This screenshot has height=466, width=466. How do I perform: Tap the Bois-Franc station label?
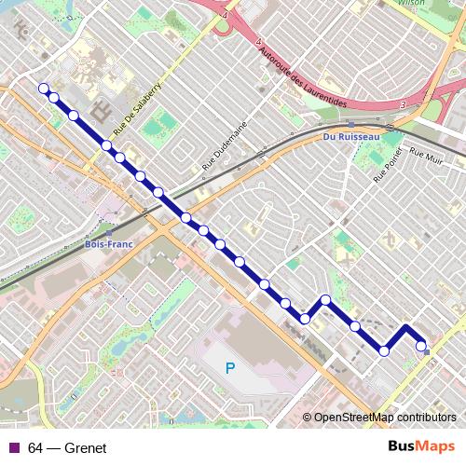coord(105,244)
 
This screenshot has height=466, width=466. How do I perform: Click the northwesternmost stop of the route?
coord(43,89)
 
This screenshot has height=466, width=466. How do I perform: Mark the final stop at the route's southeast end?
coord(422,346)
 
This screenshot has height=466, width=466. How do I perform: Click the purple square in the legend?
coord(12,448)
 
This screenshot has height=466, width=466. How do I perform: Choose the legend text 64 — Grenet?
coord(67,448)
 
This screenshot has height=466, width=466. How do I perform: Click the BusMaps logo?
coord(420,447)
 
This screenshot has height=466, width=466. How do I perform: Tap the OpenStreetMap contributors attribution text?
coord(384,418)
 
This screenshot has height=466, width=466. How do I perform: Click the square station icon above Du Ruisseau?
coord(349,124)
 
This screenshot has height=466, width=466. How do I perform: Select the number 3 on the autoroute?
coord(402,105)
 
